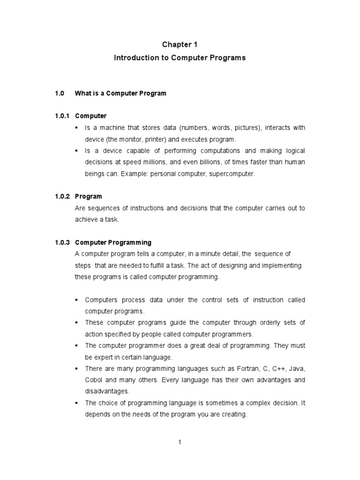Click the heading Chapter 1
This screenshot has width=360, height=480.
(x=180, y=45)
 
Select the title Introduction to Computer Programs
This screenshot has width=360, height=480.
(x=180, y=58)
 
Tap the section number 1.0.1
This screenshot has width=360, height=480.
(x=62, y=116)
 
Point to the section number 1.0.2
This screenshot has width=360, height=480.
(x=62, y=196)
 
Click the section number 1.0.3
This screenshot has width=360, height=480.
(x=62, y=242)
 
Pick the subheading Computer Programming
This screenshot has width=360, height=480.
(x=113, y=242)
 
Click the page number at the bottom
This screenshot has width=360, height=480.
(x=180, y=442)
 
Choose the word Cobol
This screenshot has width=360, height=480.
(x=93, y=380)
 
